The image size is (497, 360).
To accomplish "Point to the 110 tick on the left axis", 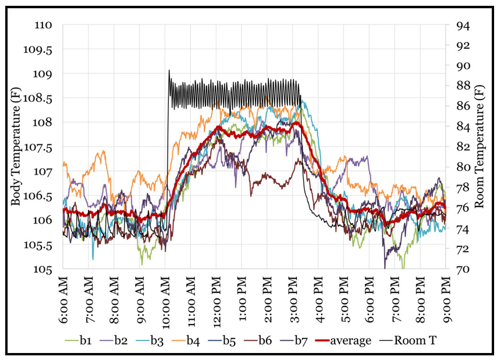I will click(x=44, y=26).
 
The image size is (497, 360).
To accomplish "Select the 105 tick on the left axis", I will click(x=44, y=269).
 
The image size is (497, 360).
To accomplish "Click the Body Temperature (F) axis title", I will click(x=16, y=147).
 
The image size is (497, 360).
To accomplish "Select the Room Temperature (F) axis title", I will click(x=480, y=147).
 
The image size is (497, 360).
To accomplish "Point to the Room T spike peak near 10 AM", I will click(x=169, y=70).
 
